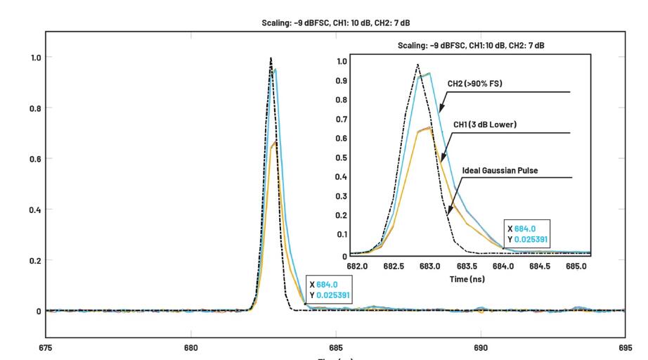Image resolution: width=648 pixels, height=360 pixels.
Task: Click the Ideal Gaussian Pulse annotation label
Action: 500,170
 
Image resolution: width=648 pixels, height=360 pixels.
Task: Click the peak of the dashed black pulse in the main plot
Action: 271,58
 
